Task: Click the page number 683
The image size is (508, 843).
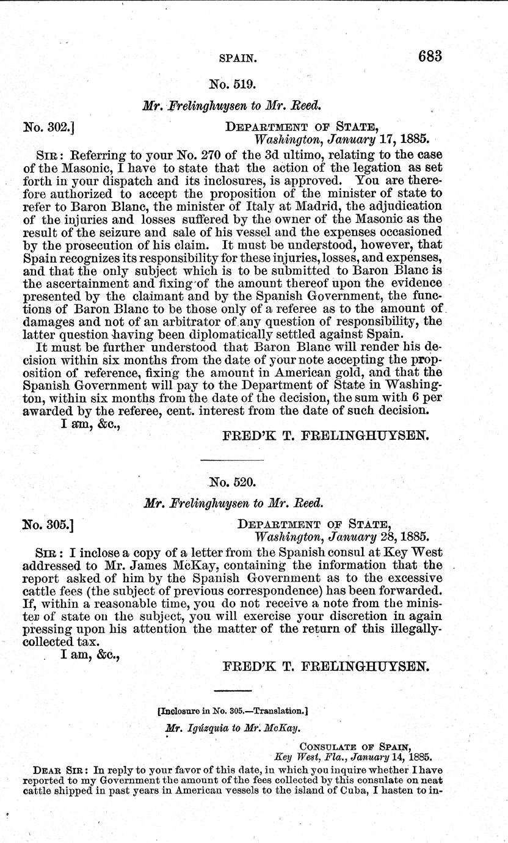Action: click(430, 56)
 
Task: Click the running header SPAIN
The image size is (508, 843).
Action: click(238, 59)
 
